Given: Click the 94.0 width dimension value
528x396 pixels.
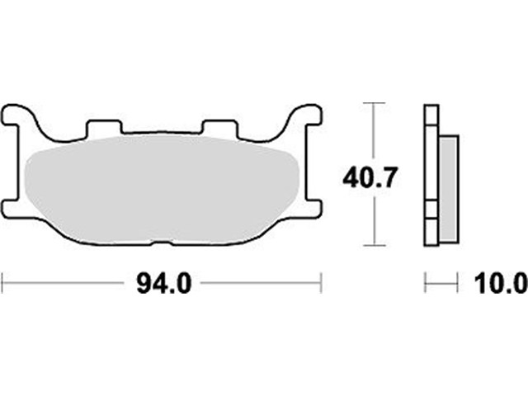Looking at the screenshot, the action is coord(164,284).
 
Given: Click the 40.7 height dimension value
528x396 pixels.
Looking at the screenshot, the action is coord(370,177).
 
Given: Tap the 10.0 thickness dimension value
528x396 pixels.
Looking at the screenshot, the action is coord(501,284).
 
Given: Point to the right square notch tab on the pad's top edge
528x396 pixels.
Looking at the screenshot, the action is coord(220,128).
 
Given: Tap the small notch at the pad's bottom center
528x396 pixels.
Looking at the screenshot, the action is coord(163,243).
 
